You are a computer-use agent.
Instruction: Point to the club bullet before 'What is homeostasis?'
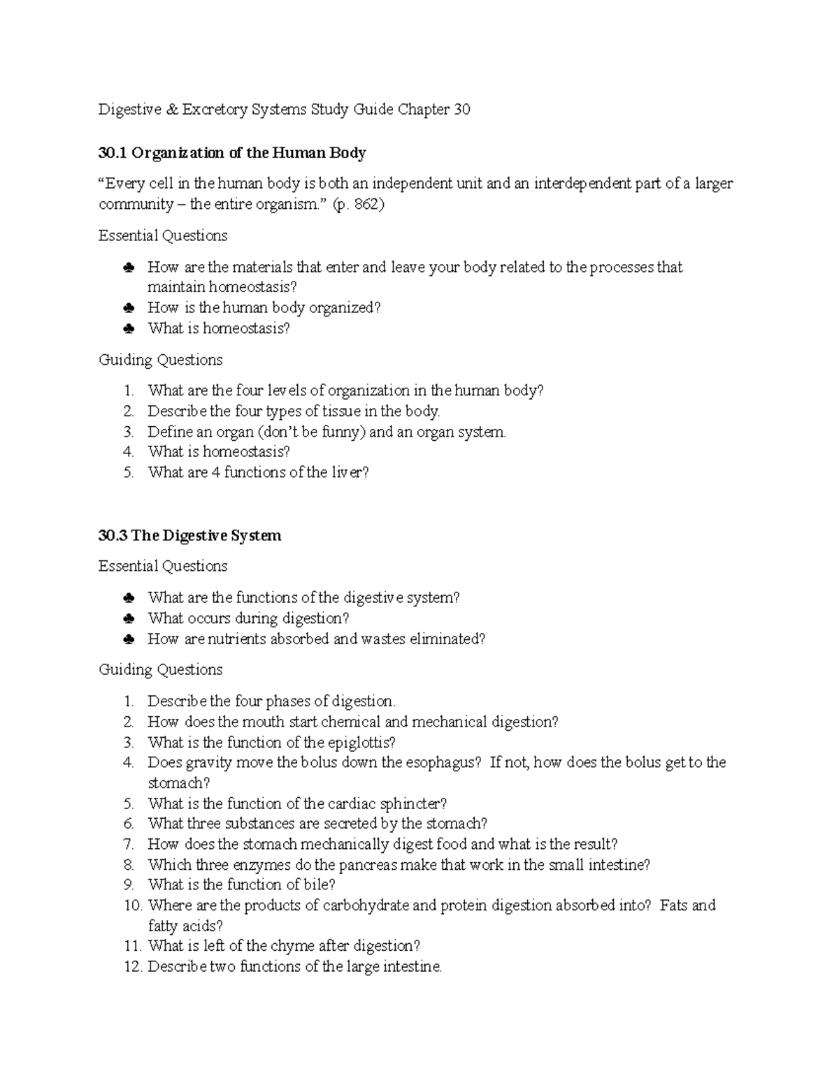pyautogui.click(x=128, y=329)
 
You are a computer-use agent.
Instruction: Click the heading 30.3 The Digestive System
pyautogui.click(x=189, y=536)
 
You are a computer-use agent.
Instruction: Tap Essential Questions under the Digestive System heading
pyautogui.click(x=163, y=567)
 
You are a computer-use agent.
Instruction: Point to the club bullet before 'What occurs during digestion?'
pyautogui.click(x=128, y=619)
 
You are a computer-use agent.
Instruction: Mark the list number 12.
pyautogui.click(x=132, y=968)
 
